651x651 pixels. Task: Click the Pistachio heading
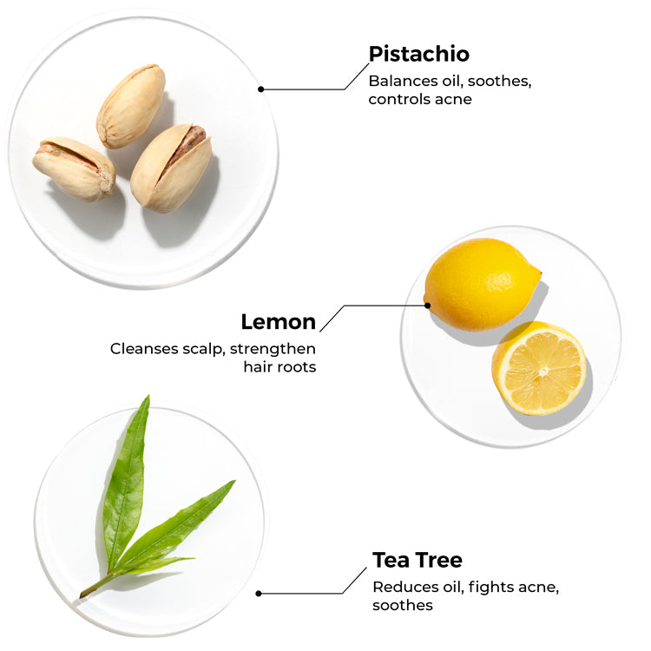pyautogui.click(x=419, y=54)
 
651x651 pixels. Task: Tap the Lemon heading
pyautogui.click(x=279, y=322)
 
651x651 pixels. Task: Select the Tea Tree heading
pyautogui.click(x=418, y=560)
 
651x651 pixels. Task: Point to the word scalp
pyautogui.click(x=204, y=349)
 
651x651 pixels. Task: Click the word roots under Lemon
pyautogui.click(x=297, y=367)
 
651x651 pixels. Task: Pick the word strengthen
pyautogui.click(x=273, y=349)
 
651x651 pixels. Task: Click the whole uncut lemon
pyautogui.click(x=482, y=285)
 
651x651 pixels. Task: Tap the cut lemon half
pyautogui.click(x=539, y=368)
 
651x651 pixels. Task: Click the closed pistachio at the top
pyautogui.click(x=131, y=106)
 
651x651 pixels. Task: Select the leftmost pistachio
pyautogui.click(x=74, y=168)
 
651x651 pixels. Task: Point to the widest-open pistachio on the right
pyautogui.click(x=171, y=168)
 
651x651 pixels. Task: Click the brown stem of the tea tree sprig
pyautogui.click(x=95, y=586)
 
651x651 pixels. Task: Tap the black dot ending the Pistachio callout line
pyautogui.click(x=260, y=89)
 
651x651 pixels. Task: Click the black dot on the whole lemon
pyautogui.click(x=427, y=306)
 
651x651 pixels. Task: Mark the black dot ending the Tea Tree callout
pyautogui.click(x=259, y=594)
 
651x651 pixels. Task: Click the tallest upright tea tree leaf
pyautogui.click(x=126, y=482)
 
